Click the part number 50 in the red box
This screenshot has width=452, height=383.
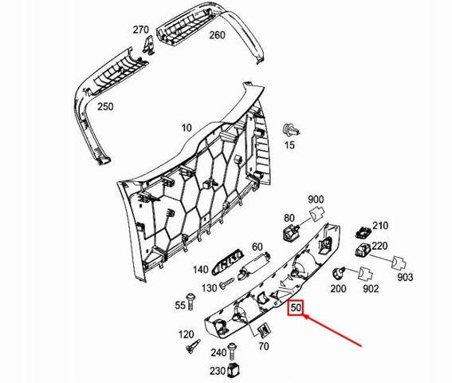(296, 308)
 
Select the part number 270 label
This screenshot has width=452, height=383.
(140, 30)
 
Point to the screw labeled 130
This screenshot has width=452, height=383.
(227, 283)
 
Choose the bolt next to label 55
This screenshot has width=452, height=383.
(191, 302)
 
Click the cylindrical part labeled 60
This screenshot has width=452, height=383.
(254, 265)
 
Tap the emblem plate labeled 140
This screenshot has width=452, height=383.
(227, 262)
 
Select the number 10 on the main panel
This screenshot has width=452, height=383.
(187, 128)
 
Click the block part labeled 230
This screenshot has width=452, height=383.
(234, 369)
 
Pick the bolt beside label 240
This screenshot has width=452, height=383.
(232, 352)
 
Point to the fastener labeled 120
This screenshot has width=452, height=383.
(193, 346)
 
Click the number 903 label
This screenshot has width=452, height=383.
(405, 278)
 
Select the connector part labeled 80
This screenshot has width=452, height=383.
(290, 231)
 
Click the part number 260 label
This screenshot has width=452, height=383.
(217, 35)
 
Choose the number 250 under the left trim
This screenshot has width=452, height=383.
(105, 107)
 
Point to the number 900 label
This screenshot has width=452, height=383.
(316, 199)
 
